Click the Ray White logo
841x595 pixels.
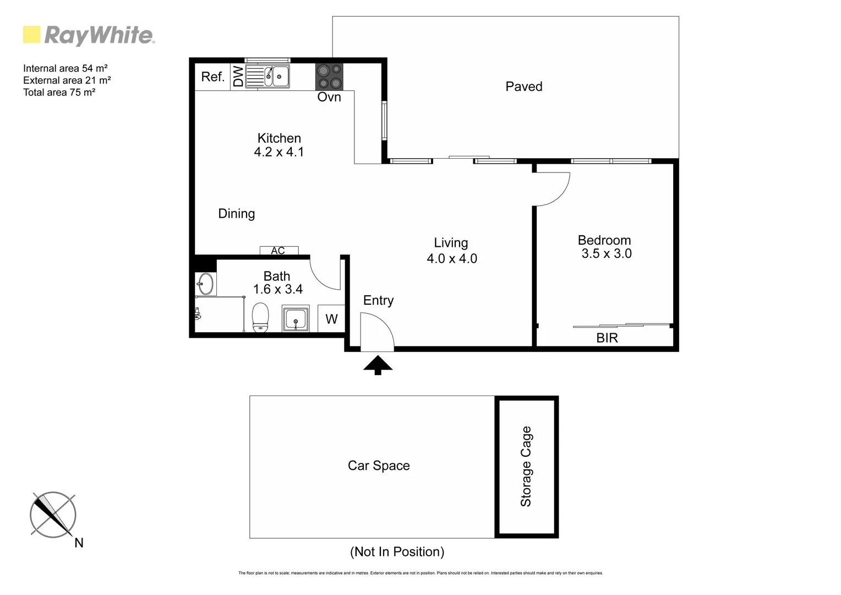click(x=89, y=35)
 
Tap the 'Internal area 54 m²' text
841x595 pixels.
click(x=65, y=68)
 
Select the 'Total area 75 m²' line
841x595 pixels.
click(x=59, y=93)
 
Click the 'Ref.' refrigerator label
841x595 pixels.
click(x=212, y=77)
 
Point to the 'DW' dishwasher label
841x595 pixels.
click(x=238, y=77)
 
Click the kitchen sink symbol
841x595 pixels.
click(x=267, y=77)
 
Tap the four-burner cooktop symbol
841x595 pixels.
click(x=329, y=77)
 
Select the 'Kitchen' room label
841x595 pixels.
click(x=279, y=138)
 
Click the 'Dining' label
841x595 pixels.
click(x=236, y=214)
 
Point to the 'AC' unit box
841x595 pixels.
click(x=278, y=251)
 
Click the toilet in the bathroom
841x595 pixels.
click(x=260, y=318)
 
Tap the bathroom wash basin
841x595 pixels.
click(x=205, y=284)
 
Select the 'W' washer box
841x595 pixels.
click(x=331, y=319)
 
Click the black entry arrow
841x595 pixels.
click(x=378, y=365)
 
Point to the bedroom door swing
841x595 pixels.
click(x=552, y=189)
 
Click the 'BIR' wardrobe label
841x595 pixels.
click(x=607, y=338)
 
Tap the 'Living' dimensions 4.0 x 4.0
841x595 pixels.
click(x=452, y=258)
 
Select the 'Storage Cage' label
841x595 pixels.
click(x=526, y=466)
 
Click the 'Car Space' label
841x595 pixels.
click(x=379, y=466)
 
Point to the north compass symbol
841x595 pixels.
click(x=53, y=515)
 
